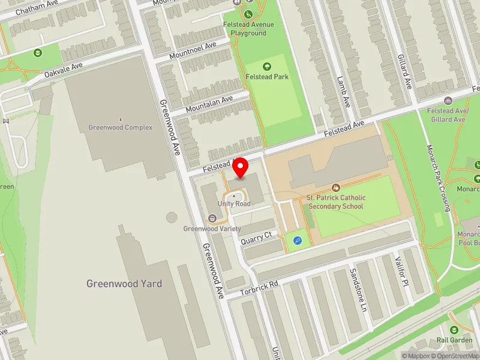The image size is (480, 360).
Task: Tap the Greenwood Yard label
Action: (124, 284)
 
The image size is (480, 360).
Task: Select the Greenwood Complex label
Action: (120, 127)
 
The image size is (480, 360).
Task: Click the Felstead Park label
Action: (267, 77)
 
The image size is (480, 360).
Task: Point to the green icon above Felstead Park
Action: (267, 66)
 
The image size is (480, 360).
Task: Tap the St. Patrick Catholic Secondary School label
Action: (335, 202)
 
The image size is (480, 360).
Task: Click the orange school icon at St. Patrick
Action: (335, 188)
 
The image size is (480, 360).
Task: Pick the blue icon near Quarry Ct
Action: (297, 241)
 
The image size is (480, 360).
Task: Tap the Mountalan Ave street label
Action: (209, 105)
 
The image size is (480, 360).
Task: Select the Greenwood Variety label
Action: (212, 229)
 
